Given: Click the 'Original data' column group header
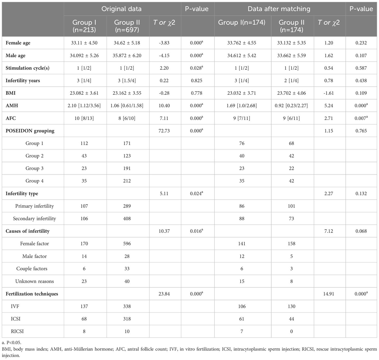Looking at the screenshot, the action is point(121,9).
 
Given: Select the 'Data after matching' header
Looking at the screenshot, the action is point(279,9).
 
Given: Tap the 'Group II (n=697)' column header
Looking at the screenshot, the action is point(127,26).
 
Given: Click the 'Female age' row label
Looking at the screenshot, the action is point(18,43).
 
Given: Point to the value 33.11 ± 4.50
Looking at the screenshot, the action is point(84,43).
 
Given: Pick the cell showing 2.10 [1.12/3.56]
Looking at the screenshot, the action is point(84,106).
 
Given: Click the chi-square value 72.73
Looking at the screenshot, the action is point(164,131).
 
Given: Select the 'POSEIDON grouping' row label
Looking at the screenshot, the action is point(30,131).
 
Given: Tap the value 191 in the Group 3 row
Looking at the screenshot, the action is point(127,168).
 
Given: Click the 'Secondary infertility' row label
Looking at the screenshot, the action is point(34,219).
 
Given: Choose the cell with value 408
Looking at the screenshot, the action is point(127,219).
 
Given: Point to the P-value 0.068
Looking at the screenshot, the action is point(361,231).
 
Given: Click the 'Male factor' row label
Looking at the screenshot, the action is point(35,256).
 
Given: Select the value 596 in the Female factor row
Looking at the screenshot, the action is point(127,244).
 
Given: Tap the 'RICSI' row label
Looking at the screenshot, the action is point(17,331).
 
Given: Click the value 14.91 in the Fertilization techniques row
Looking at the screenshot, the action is point(328,294).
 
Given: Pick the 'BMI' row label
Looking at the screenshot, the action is point(10,93).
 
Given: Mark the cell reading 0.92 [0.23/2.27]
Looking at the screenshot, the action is point(291,106).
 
